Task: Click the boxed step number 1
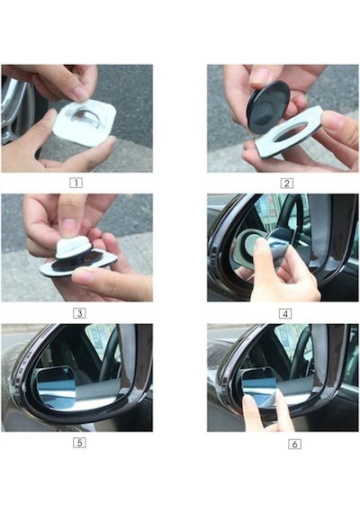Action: pyautogui.click(x=76, y=183)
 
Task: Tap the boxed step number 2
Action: pyautogui.click(x=287, y=184)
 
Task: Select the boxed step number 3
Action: pyautogui.click(x=79, y=313)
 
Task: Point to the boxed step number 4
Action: pyautogui.click(x=285, y=314)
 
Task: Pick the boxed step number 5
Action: pyautogui.click(x=79, y=443)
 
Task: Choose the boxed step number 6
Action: pyautogui.click(x=294, y=444)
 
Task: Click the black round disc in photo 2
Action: pyautogui.click(x=268, y=105)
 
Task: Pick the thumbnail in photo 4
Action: pyautogui.click(x=261, y=244)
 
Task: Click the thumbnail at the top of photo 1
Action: pyautogui.click(x=80, y=94)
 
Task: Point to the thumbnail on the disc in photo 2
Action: pyautogui.click(x=259, y=76)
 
